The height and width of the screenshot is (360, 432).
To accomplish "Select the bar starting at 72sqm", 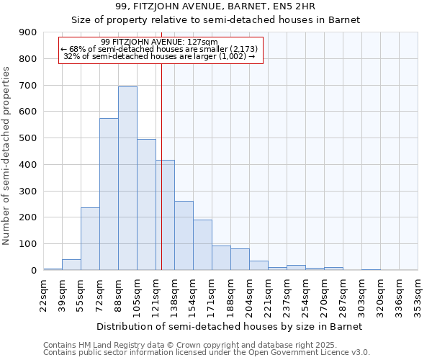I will pyautogui.click(x=109, y=194).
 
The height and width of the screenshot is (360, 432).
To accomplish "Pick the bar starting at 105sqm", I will pyautogui.click(x=146, y=204).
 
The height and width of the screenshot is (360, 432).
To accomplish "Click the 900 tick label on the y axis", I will pyautogui.click(x=28, y=32).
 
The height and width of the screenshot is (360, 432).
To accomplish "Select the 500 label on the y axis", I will pyautogui.click(x=28, y=138).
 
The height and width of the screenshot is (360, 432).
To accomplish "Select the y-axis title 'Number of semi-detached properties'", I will pyautogui.click(x=7, y=156).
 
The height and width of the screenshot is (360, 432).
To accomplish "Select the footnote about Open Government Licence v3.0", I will pyautogui.click(x=207, y=353).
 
